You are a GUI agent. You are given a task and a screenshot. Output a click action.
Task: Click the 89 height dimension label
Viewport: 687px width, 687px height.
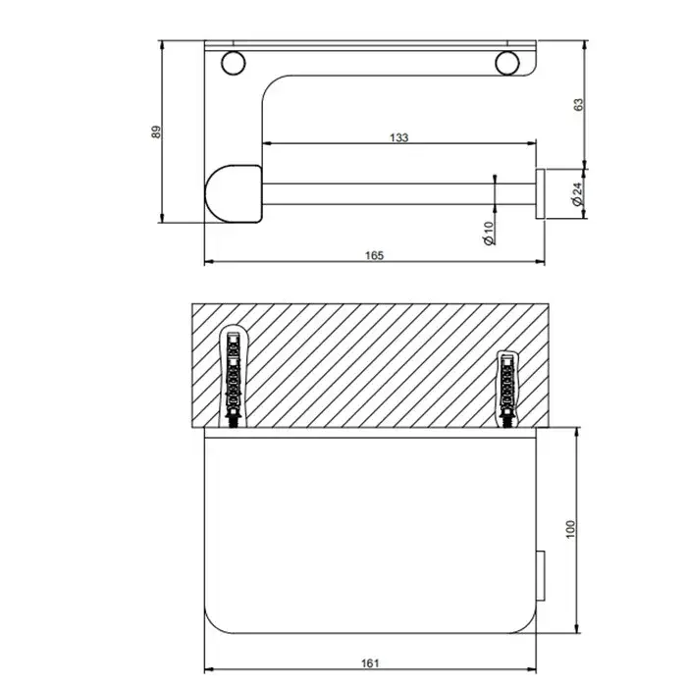(x=156, y=132)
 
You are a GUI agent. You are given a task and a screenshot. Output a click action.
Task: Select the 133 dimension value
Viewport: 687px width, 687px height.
(x=399, y=137)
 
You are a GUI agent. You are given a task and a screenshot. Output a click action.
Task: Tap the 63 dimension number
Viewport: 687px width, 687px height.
(x=579, y=105)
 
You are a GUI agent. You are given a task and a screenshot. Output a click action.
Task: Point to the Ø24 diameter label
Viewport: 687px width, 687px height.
(x=577, y=194)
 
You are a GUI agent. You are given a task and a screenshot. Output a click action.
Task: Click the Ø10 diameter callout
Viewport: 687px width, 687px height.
(x=489, y=234)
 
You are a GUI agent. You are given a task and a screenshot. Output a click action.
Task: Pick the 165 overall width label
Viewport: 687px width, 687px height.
(x=374, y=255)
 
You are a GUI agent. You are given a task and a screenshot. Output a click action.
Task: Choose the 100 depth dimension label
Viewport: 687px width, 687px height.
(x=570, y=529)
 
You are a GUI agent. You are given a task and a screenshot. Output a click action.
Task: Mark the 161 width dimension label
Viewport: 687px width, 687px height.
(x=370, y=663)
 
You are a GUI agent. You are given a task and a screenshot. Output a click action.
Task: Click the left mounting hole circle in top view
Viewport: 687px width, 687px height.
(x=234, y=63)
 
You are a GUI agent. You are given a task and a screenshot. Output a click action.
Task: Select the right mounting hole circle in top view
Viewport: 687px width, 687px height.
(x=507, y=63)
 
